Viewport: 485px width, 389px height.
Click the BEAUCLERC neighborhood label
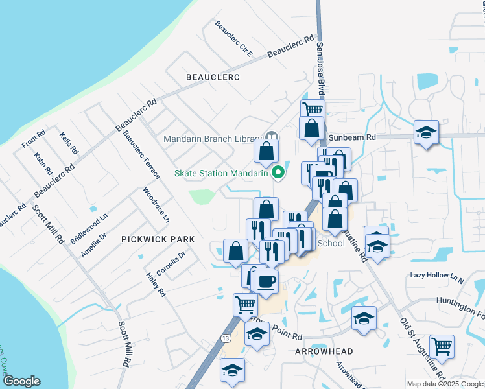point(213,77)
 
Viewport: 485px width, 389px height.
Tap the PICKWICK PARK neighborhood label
point(158,239)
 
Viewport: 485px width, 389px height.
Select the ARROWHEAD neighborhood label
point(324,351)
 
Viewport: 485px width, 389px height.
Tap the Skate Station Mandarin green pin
point(279,172)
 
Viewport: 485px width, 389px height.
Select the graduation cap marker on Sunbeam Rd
point(426,132)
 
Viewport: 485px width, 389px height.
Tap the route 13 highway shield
point(226,338)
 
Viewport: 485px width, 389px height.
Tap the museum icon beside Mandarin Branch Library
point(271,137)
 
